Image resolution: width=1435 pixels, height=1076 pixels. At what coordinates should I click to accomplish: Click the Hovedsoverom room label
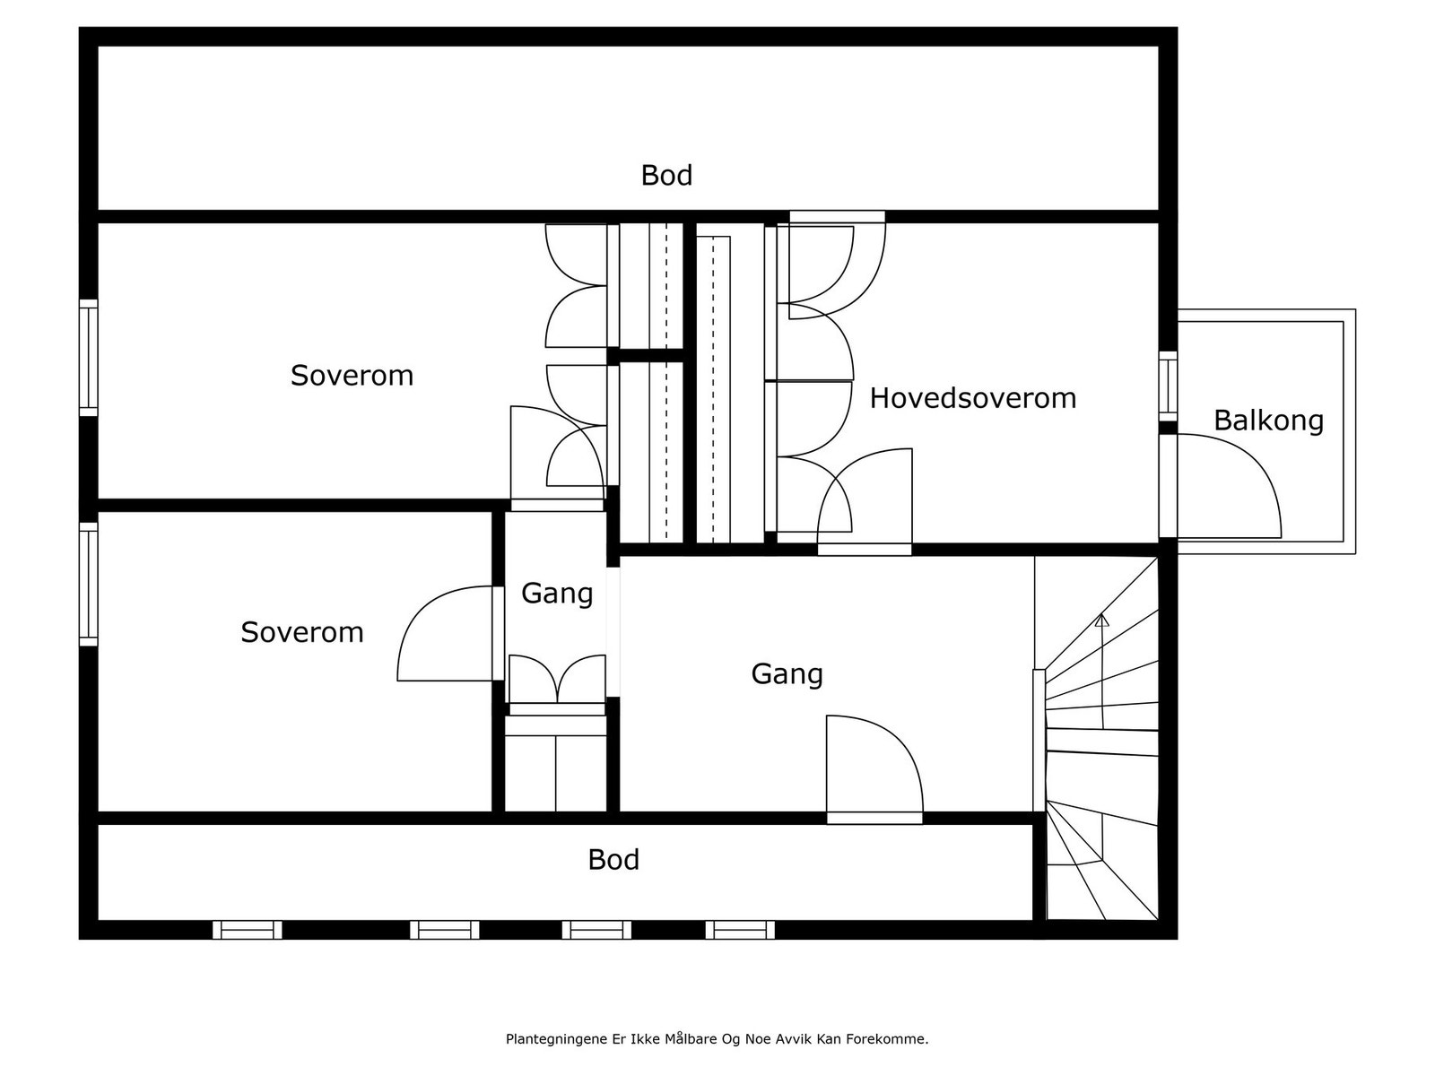pos(972,397)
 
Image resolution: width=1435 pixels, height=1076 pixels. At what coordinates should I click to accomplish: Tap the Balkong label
pos(1268,420)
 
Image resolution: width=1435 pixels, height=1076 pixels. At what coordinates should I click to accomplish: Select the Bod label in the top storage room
pos(666,175)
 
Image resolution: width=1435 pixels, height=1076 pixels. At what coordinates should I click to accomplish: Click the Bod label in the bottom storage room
pos(613,859)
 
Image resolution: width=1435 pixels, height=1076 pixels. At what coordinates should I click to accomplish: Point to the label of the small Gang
pos(557,593)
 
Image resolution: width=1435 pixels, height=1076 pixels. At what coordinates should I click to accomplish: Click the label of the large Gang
pos(787,673)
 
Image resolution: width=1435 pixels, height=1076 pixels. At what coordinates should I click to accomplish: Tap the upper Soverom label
pos(352,375)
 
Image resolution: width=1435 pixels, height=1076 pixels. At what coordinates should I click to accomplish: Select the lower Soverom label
pos(301,632)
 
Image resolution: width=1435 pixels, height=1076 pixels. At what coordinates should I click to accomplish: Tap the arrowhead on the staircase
pos(1102,620)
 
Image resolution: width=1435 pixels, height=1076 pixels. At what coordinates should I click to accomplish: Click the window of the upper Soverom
pos(88,358)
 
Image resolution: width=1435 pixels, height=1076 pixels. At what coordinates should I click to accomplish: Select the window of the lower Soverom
pos(88,584)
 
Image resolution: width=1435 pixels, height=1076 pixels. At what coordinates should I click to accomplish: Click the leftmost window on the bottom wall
pos(247,930)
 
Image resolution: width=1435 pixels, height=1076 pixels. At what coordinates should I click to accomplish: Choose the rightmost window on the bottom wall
pos(740,930)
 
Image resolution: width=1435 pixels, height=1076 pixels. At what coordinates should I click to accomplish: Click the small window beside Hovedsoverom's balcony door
pos(1168,386)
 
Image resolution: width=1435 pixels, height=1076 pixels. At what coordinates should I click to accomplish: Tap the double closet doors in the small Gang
pos(557,680)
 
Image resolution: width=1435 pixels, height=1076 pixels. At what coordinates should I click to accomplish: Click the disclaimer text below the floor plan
pos(717,1039)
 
